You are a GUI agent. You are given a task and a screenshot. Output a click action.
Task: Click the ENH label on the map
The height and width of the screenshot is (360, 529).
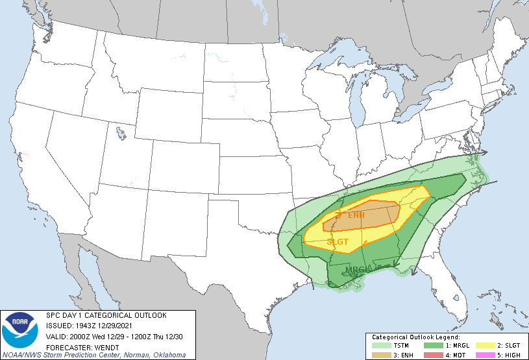[356, 215]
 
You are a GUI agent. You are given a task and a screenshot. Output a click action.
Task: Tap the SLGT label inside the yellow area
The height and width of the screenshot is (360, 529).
[338, 242]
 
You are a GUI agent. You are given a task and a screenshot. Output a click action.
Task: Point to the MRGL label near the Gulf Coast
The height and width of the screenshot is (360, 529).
[357, 270]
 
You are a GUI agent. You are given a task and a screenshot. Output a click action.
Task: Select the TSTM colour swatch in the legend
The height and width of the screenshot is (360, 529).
[377, 346]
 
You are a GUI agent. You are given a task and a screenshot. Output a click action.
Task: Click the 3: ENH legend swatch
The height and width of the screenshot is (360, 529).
[377, 354]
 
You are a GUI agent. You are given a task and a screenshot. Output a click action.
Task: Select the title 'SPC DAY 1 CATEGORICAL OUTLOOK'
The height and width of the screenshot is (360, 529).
[106, 315]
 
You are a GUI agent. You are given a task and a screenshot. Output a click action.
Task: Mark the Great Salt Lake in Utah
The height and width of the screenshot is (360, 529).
[121, 134]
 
